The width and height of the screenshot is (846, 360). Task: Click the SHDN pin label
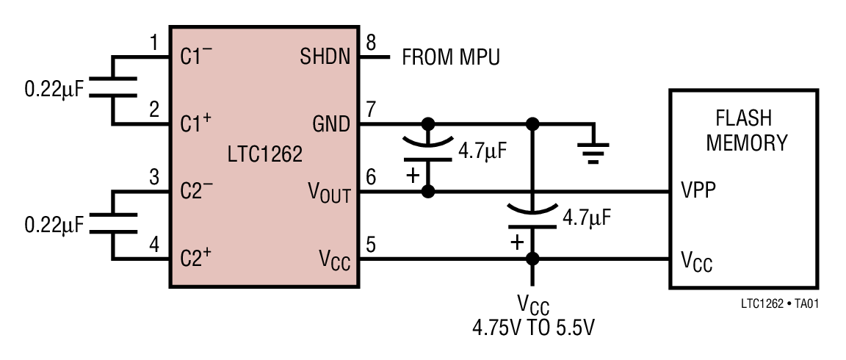[326, 57]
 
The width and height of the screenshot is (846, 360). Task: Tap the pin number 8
[371, 44]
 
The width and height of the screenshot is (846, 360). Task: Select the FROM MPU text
[451, 57]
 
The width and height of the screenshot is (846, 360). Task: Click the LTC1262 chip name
[264, 155]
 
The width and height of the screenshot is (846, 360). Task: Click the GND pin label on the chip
[332, 124]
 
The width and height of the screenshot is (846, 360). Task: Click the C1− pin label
[196, 57]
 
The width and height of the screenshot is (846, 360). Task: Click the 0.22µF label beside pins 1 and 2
[54, 90]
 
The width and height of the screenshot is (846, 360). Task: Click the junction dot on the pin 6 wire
[428, 191]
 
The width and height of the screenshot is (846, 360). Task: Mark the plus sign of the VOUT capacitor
[413, 176]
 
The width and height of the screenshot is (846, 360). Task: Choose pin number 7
[371, 110]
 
